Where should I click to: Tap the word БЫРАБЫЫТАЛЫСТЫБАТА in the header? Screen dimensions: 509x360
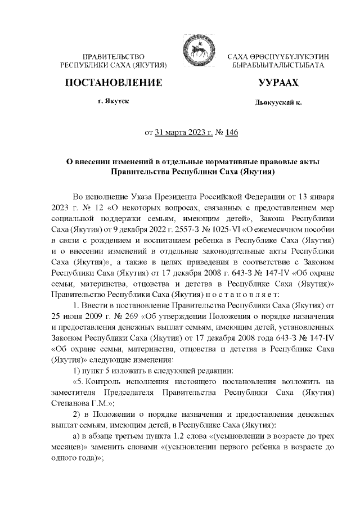pyautogui.click(x=278, y=66)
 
